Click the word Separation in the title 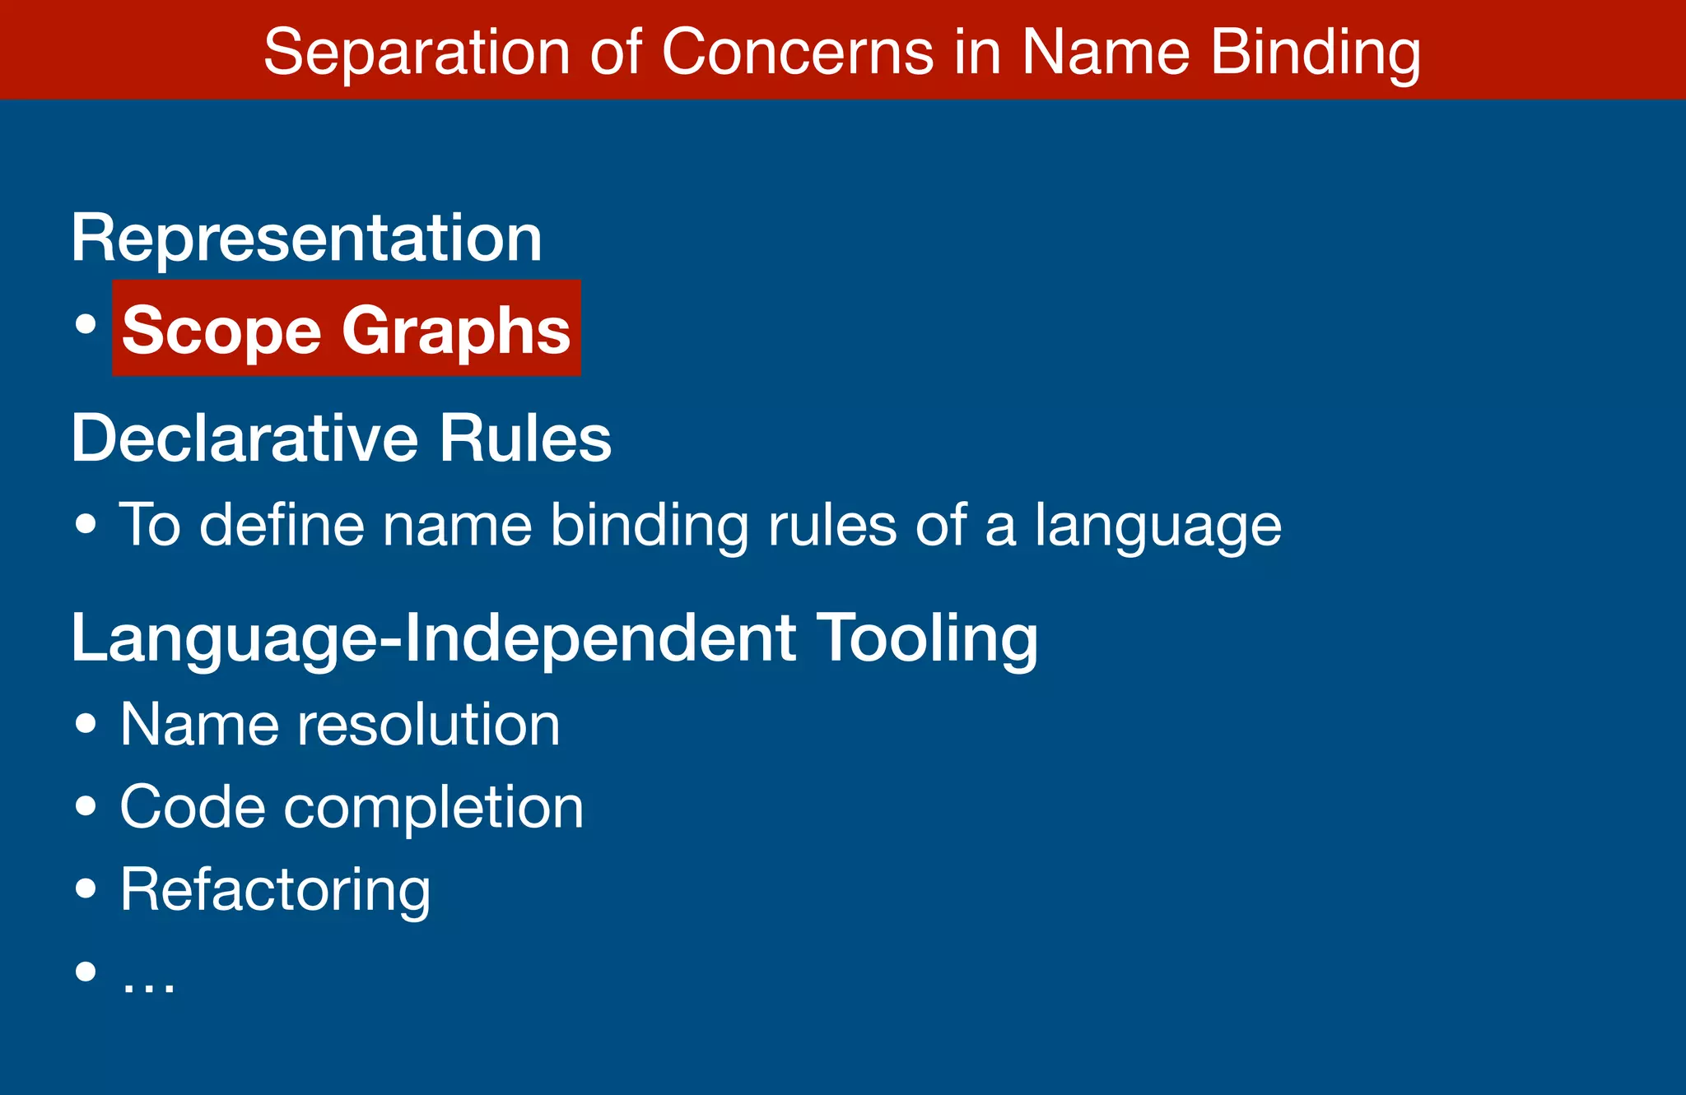[x=416, y=53]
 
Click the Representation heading [x=306, y=239]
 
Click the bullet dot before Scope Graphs [x=86, y=323]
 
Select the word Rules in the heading [x=524, y=438]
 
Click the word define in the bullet [x=282, y=525]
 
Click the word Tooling [x=927, y=639]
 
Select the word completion [x=433, y=809]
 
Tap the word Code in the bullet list [x=193, y=807]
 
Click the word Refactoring [x=275, y=891]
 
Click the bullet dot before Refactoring [x=86, y=889]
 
